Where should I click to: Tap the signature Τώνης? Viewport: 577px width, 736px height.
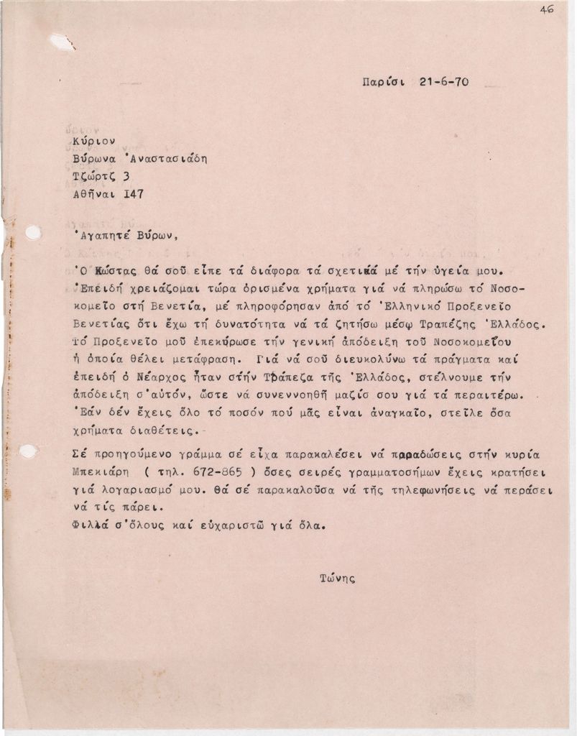tap(338, 577)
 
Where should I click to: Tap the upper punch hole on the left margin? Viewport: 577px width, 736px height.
tap(33, 232)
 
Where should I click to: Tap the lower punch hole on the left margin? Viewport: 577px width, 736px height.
tap(29, 451)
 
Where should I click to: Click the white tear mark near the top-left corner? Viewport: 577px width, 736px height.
tap(63, 42)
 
